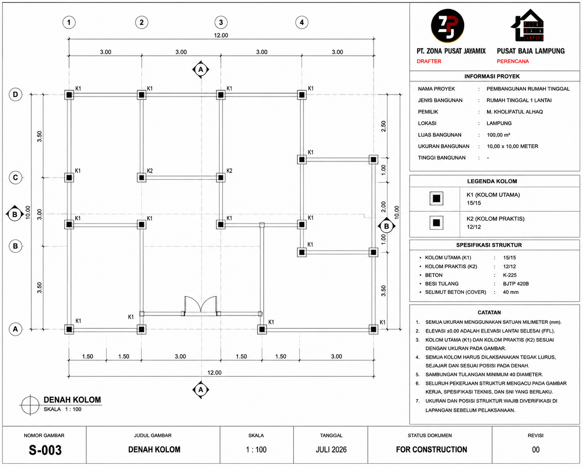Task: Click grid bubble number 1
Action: coord(69,22)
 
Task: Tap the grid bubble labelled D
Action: coord(15,94)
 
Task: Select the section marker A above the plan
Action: coord(200,70)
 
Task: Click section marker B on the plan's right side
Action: coord(387,226)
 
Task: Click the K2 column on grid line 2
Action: coord(141,178)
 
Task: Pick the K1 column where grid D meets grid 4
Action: coord(302,95)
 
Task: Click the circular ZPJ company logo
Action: coord(447,26)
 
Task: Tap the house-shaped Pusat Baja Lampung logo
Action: coord(527,25)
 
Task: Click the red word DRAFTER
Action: coord(429,61)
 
